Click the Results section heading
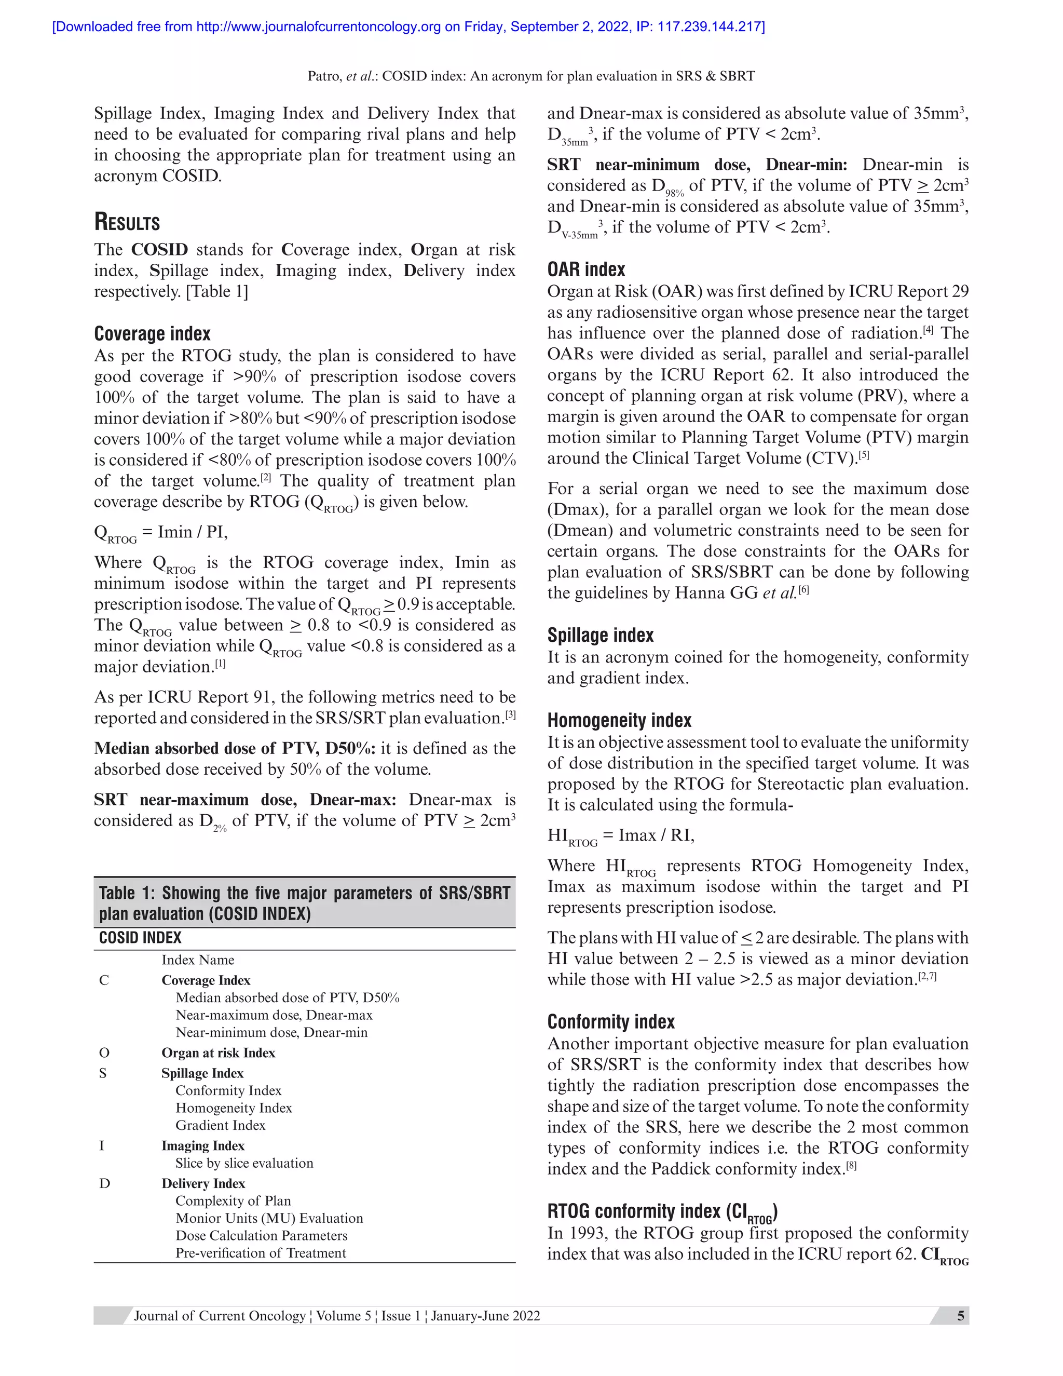pos(127,222)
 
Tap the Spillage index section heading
pos(600,635)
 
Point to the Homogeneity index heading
pos(619,720)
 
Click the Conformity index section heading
pos(610,1021)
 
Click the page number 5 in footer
pos(960,1316)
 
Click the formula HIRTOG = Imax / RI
pos(620,836)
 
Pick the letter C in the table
pos(104,980)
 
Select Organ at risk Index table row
pos(218,1053)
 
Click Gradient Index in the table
pos(221,1125)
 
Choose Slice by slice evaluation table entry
pos(244,1163)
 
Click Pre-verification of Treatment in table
pos(261,1252)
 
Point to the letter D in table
pos(104,1183)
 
